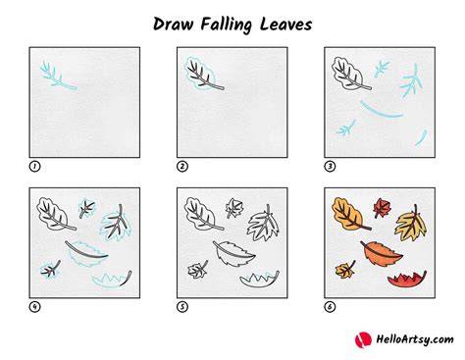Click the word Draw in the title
coord(173,25)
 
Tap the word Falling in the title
coord(227,25)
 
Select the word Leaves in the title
coord(285,25)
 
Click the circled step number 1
coord(35,167)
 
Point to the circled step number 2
coord(182,167)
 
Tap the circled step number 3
coord(330,167)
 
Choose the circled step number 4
coord(35,307)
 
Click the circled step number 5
coord(182,307)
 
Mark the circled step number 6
coord(330,307)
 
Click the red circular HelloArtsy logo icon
coord(363,339)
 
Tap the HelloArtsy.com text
coord(415,339)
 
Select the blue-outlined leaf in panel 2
coord(202,74)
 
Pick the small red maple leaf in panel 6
coord(382,208)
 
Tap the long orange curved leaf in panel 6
coord(381,253)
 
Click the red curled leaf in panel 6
coord(408,280)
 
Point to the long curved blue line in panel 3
coord(381,111)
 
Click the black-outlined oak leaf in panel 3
coord(350,74)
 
